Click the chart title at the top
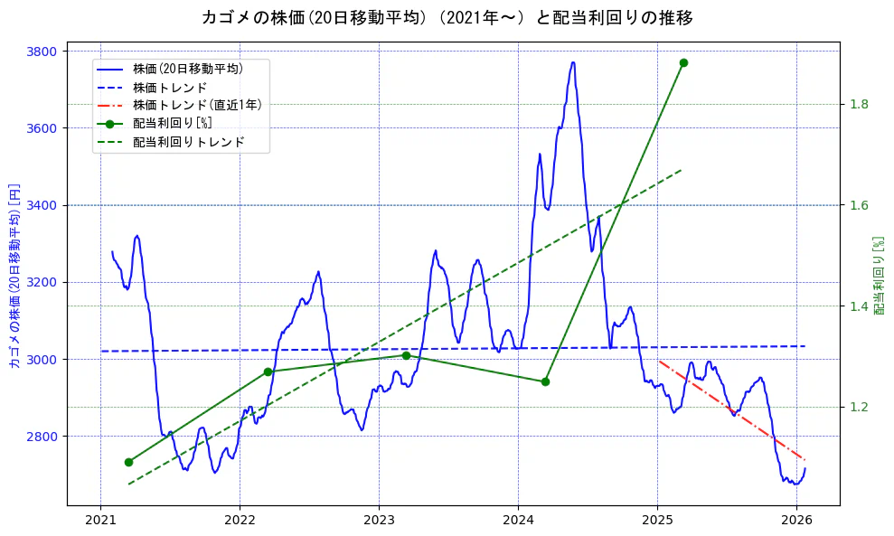click(x=447, y=17)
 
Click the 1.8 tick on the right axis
click(x=860, y=105)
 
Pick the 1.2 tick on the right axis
click(x=860, y=408)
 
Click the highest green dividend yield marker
click(x=683, y=62)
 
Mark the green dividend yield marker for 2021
click(x=128, y=462)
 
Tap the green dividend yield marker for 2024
click(x=545, y=381)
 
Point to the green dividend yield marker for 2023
click(x=406, y=355)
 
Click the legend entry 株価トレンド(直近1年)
click(x=197, y=106)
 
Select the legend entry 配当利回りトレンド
click(x=188, y=143)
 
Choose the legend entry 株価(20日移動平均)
click(x=187, y=69)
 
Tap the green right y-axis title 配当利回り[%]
click(x=878, y=276)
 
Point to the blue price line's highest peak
click(x=573, y=62)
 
